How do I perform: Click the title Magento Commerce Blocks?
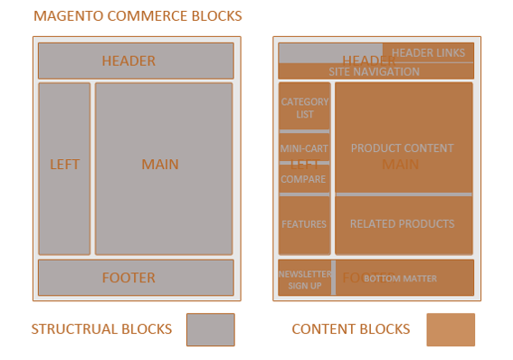click(138, 16)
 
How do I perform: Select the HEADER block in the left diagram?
click(136, 61)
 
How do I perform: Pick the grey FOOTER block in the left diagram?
click(136, 278)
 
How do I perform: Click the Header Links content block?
click(428, 53)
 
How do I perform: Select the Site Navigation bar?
click(375, 71)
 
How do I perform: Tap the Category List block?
click(304, 108)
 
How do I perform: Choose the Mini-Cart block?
click(304, 147)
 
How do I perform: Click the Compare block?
click(304, 179)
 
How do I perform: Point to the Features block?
click(304, 224)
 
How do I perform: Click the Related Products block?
click(403, 224)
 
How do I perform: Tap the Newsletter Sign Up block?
click(304, 279)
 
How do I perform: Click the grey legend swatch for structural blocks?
click(210, 329)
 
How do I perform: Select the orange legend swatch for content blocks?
click(451, 329)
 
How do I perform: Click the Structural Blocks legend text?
click(101, 329)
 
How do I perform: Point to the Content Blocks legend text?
click(350, 329)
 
